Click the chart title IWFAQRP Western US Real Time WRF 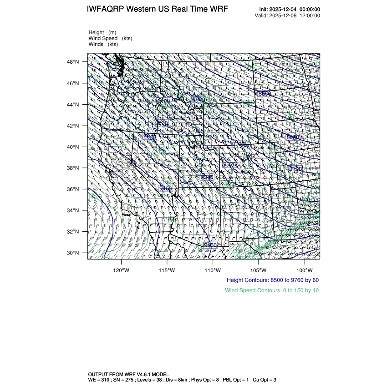[157, 9]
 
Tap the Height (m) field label [102, 32]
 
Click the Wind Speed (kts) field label [110, 38]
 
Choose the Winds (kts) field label [103, 44]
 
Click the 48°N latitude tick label [74, 62]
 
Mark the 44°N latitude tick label [74, 105]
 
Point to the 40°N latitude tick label [74, 147]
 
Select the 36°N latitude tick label [74, 189]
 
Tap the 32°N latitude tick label [74, 232]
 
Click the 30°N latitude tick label [74, 253]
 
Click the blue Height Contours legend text [273, 280]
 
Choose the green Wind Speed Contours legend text [272, 290]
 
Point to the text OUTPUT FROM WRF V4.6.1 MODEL [128, 374]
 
